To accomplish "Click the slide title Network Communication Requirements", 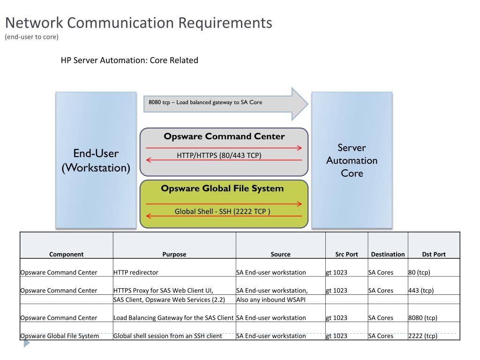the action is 139,23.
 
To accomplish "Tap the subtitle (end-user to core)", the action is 31,37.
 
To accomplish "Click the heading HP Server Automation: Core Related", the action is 129,60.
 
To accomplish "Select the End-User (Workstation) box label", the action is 96,160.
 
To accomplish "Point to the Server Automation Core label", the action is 352,160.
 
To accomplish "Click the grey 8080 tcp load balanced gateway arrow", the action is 225,104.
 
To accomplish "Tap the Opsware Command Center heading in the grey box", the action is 224,136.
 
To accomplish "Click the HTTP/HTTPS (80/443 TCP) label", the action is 219,156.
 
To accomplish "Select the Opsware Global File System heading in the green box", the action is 222,188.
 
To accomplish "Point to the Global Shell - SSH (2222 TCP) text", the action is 222,211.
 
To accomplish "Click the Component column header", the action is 67,255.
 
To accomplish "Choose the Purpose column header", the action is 174,255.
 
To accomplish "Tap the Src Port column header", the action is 346,255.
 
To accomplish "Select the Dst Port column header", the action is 434,255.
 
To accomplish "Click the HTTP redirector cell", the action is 136,272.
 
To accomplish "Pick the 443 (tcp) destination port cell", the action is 421,291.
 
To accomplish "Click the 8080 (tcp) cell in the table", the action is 423,318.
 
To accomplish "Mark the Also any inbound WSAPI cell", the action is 271,300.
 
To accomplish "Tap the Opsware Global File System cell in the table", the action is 60,336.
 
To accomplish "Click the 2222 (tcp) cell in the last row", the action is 423,336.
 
